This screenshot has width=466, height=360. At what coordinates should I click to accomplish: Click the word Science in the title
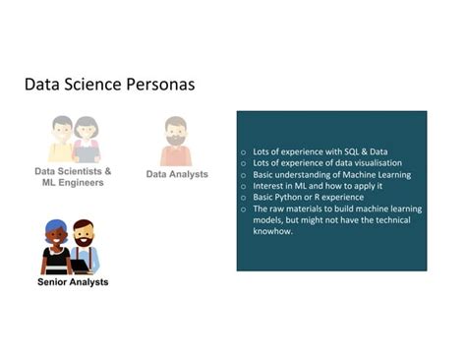coord(94,85)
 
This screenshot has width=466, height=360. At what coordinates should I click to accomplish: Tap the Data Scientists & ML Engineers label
coord(74,176)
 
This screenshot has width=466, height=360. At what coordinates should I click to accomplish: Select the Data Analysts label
coord(177,174)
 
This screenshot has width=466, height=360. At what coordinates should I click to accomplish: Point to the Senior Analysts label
coord(72,282)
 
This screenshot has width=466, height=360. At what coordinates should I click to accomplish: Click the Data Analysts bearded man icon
coord(176,142)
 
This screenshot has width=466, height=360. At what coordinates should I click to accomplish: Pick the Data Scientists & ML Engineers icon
coord(74,139)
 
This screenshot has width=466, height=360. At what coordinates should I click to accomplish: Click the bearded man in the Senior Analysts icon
coord(85,248)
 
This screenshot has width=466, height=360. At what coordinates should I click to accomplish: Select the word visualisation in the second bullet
coord(367,163)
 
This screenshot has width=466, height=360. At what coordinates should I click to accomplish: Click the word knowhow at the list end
coord(271,231)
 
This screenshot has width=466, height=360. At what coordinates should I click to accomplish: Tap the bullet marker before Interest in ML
coord(243,186)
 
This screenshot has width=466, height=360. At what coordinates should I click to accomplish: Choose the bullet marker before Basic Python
coord(243,197)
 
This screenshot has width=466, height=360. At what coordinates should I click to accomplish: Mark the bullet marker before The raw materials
coord(243,209)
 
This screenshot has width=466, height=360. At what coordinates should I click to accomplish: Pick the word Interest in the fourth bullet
coord(266,186)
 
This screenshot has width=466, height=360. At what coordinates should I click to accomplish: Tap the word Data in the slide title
coord(42,85)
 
